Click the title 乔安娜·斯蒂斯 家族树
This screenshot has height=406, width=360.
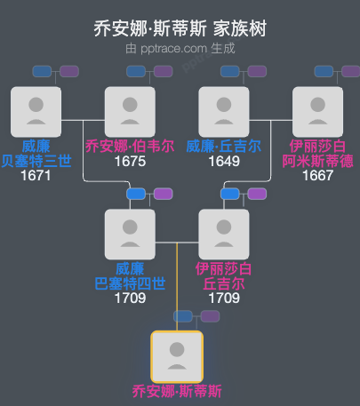point(180,28)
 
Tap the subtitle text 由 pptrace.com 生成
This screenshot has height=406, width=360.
point(180,48)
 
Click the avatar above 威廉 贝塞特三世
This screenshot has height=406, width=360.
point(36,111)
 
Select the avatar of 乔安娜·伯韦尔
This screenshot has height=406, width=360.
point(130,111)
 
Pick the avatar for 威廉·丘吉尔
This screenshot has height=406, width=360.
point(224,111)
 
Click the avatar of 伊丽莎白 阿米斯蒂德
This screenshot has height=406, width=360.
point(318,111)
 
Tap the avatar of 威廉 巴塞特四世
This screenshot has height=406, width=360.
point(130,234)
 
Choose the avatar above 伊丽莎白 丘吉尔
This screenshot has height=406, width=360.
point(224,234)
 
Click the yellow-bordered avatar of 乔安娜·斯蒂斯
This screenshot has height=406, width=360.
point(177,356)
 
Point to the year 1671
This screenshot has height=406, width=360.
point(36,176)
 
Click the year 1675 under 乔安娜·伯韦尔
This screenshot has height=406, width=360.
point(130,162)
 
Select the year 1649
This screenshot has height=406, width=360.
point(224,162)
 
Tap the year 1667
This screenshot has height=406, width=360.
point(318,176)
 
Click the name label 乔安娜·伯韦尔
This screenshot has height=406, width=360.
point(130,147)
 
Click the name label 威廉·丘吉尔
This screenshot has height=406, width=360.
point(224,147)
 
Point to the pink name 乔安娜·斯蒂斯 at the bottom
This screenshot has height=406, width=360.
point(177,391)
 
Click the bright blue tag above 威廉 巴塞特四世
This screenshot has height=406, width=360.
point(136,194)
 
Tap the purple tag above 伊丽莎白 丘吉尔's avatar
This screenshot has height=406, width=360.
point(256,194)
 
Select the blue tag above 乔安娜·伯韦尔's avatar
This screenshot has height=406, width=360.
point(136,71)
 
